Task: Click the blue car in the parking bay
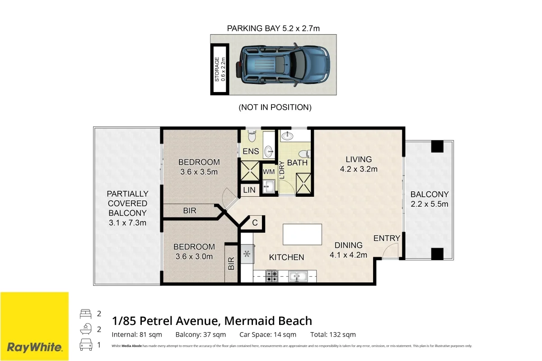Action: click(283, 65)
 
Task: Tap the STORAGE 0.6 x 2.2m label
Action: click(220, 69)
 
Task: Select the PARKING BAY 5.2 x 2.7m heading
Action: click(273, 28)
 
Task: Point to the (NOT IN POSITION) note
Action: click(275, 107)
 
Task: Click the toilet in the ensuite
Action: click(252, 136)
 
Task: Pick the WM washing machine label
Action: click(269, 171)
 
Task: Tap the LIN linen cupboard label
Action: click(249, 190)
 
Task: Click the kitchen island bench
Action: click(302, 234)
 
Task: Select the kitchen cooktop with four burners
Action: click(272, 276)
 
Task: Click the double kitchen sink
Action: click(298, 276)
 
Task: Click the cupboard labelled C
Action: click(255, 223)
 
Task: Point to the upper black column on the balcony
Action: click(437, 146)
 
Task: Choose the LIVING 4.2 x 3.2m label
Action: click(359, 164)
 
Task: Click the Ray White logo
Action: click(35, 347)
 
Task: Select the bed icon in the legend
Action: click(86, 314)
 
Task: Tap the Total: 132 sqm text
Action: click(333, 334)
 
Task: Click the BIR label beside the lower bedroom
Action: click(231, 264)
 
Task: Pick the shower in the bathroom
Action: click(304, 184)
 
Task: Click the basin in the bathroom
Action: click(287, 136)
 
